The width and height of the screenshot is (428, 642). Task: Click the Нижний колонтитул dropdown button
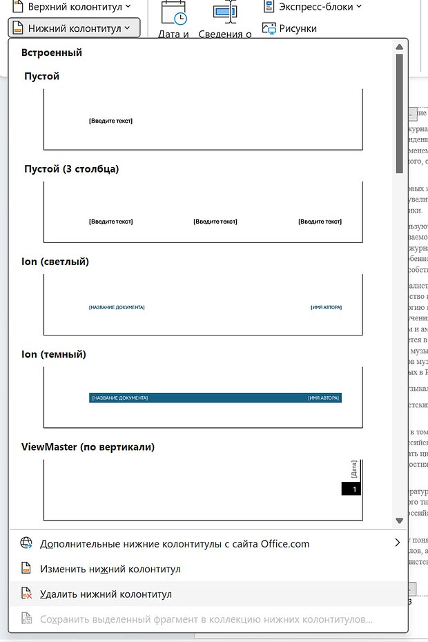75,28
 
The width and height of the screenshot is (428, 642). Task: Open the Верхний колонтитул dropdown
75,6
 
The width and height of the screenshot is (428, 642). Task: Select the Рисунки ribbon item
290,28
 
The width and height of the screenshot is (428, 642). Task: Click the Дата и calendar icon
173,14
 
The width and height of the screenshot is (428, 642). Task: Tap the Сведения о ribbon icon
225,14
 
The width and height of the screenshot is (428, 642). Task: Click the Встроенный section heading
52,52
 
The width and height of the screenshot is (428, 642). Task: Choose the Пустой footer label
41,77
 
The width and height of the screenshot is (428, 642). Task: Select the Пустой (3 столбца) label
71,169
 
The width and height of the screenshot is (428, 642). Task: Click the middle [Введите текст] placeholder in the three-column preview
215,222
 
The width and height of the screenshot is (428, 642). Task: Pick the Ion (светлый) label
55,262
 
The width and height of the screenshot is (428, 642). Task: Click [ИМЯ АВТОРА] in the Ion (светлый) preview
326,307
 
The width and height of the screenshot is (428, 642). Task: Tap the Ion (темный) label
55,355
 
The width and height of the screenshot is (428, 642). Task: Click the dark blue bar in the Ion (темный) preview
215,398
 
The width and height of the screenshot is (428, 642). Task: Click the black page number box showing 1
351,489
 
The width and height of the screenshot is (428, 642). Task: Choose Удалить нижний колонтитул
106,594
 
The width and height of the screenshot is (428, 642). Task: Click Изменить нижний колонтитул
110,569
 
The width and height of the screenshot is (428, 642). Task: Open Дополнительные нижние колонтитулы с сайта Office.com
175,544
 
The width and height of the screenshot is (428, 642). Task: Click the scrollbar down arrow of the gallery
399,521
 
